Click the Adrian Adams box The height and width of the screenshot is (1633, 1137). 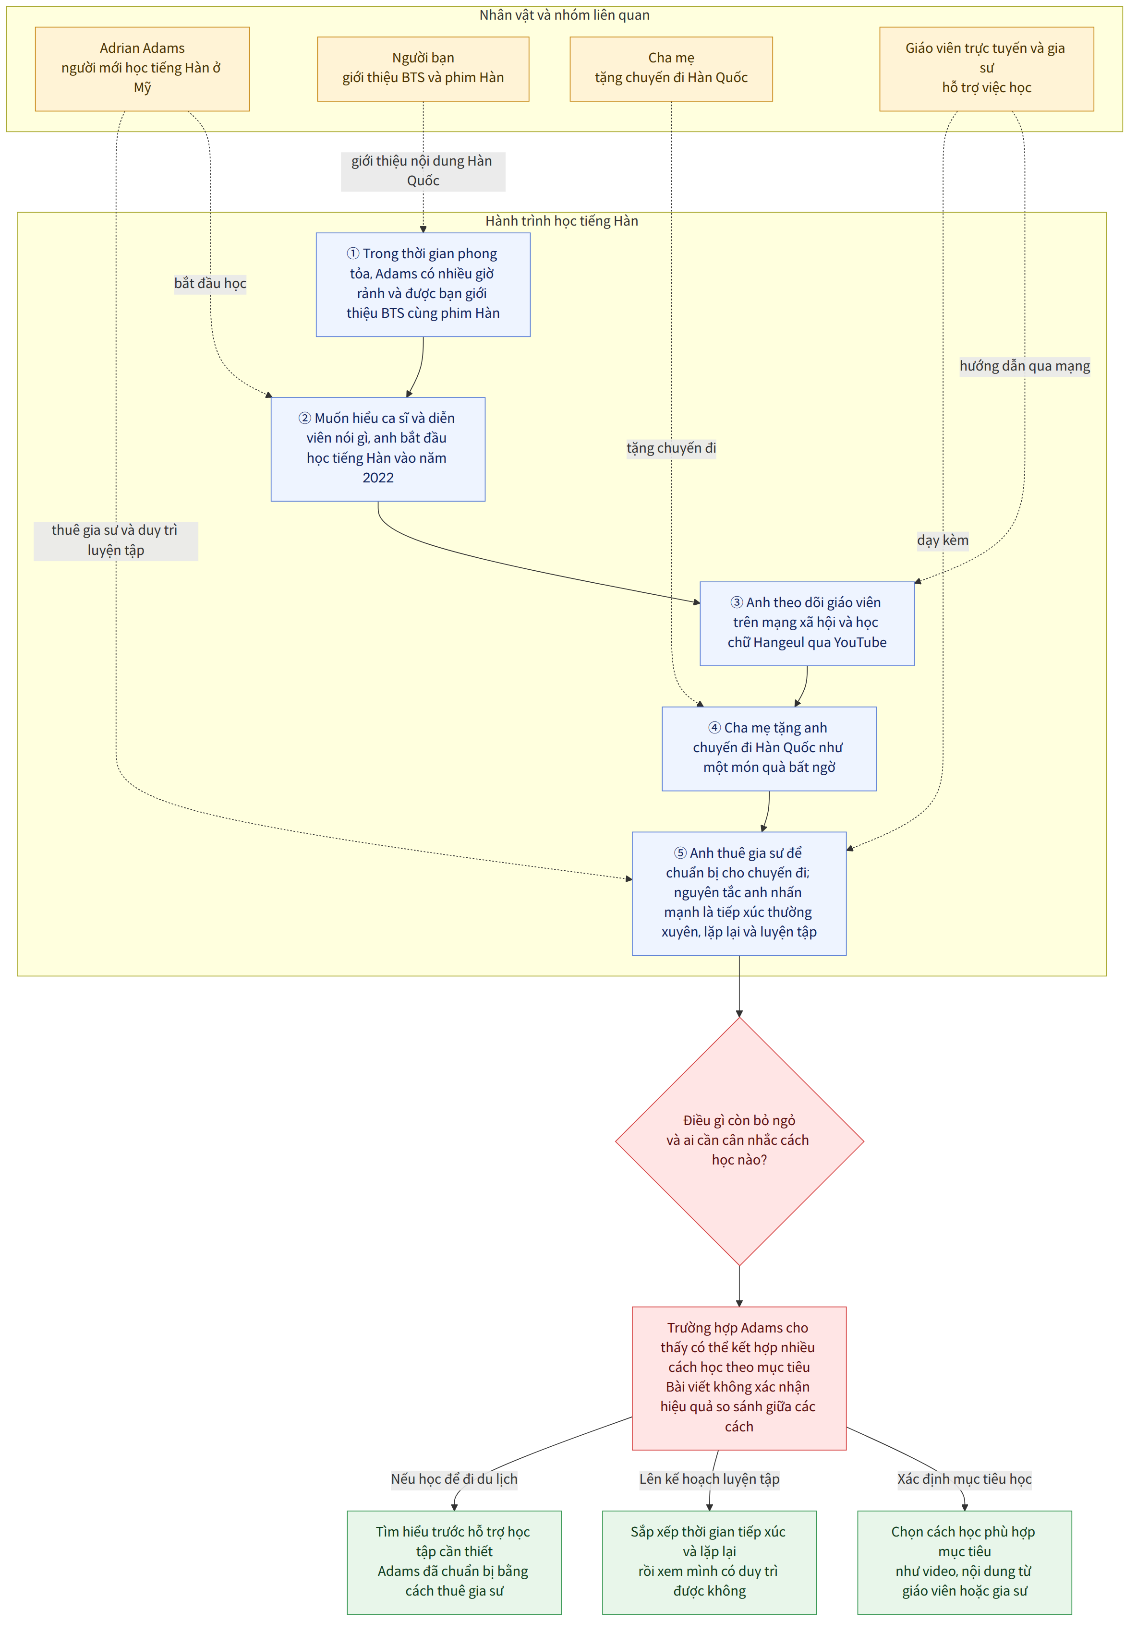(x=142, y=69)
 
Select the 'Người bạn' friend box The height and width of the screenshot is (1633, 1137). (x=423, y=69)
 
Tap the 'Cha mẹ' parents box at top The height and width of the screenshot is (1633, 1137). (x=671, y=69)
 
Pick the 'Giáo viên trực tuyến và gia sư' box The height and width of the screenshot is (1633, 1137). (x=986, y=69)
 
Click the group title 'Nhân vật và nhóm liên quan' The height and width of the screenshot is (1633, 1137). (x=564, y=15)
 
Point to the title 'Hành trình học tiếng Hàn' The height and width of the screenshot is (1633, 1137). (x=561, y=221)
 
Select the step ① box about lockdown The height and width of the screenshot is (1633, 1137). (x=423, y=285)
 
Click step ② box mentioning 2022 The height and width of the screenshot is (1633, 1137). (x=378, y=449)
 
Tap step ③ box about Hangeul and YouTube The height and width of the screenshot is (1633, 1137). (x=807, y=624)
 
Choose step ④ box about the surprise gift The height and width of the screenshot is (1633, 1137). (x=769, y=749)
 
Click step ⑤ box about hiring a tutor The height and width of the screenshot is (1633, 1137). (x=739, y=893)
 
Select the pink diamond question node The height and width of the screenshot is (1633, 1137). (x=739, y=1141)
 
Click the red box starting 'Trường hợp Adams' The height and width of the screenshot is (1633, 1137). (x=739, y=1378)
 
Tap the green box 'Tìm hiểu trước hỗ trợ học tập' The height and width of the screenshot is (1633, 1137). (x=454, y=1562)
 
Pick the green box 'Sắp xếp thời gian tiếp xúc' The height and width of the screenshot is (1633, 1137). (x=709, y=1562)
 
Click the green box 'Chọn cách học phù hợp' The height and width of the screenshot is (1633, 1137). (x=964, y=1562)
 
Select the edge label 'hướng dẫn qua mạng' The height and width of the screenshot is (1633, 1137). (x=1025, y=366)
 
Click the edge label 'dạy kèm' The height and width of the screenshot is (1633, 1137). (x=943, y=540)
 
